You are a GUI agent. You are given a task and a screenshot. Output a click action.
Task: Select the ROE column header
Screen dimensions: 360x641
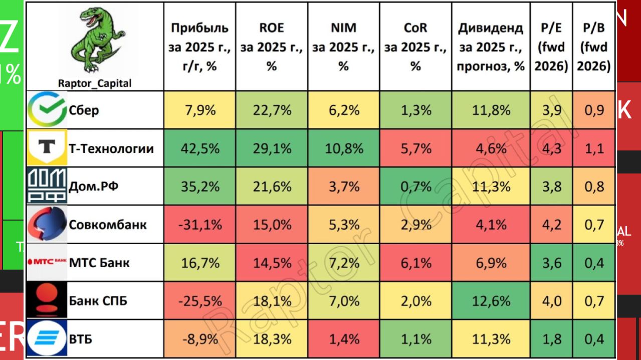(x=272, y=47)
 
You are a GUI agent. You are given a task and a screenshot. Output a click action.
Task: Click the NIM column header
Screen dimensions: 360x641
(x=343, y=47)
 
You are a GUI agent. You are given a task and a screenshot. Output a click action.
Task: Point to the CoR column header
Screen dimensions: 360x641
(x=415, y=47)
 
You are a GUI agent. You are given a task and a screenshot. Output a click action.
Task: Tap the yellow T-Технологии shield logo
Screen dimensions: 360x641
(x=47, y=148)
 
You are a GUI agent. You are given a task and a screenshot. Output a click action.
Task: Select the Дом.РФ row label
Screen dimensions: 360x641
(x=94, y=187)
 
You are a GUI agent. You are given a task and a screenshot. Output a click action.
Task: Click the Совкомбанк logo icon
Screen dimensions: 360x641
(x=47, y=225)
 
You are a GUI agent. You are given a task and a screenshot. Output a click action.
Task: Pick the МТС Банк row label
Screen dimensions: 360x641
(x=99, y=263)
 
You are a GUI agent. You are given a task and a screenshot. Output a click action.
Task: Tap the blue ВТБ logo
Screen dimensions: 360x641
(x=47, y=339)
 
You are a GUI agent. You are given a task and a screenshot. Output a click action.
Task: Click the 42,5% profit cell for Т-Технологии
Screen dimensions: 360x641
(x=200, y=148)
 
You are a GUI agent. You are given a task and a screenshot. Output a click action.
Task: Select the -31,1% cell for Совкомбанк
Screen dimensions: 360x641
(x=200, y=225)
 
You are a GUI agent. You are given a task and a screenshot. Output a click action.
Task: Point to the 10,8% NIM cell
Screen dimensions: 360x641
(x=343, y=148)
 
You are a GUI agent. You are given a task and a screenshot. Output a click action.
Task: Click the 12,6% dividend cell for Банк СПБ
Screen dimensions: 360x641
(x=491, y=301)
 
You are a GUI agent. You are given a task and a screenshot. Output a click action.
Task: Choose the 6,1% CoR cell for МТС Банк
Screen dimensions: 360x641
(x=415, y=263)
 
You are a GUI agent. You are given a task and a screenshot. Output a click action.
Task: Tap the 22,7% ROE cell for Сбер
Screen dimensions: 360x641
(x=272, y=110)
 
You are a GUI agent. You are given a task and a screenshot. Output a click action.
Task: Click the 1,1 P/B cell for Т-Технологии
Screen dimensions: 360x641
(x=594, y=148)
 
